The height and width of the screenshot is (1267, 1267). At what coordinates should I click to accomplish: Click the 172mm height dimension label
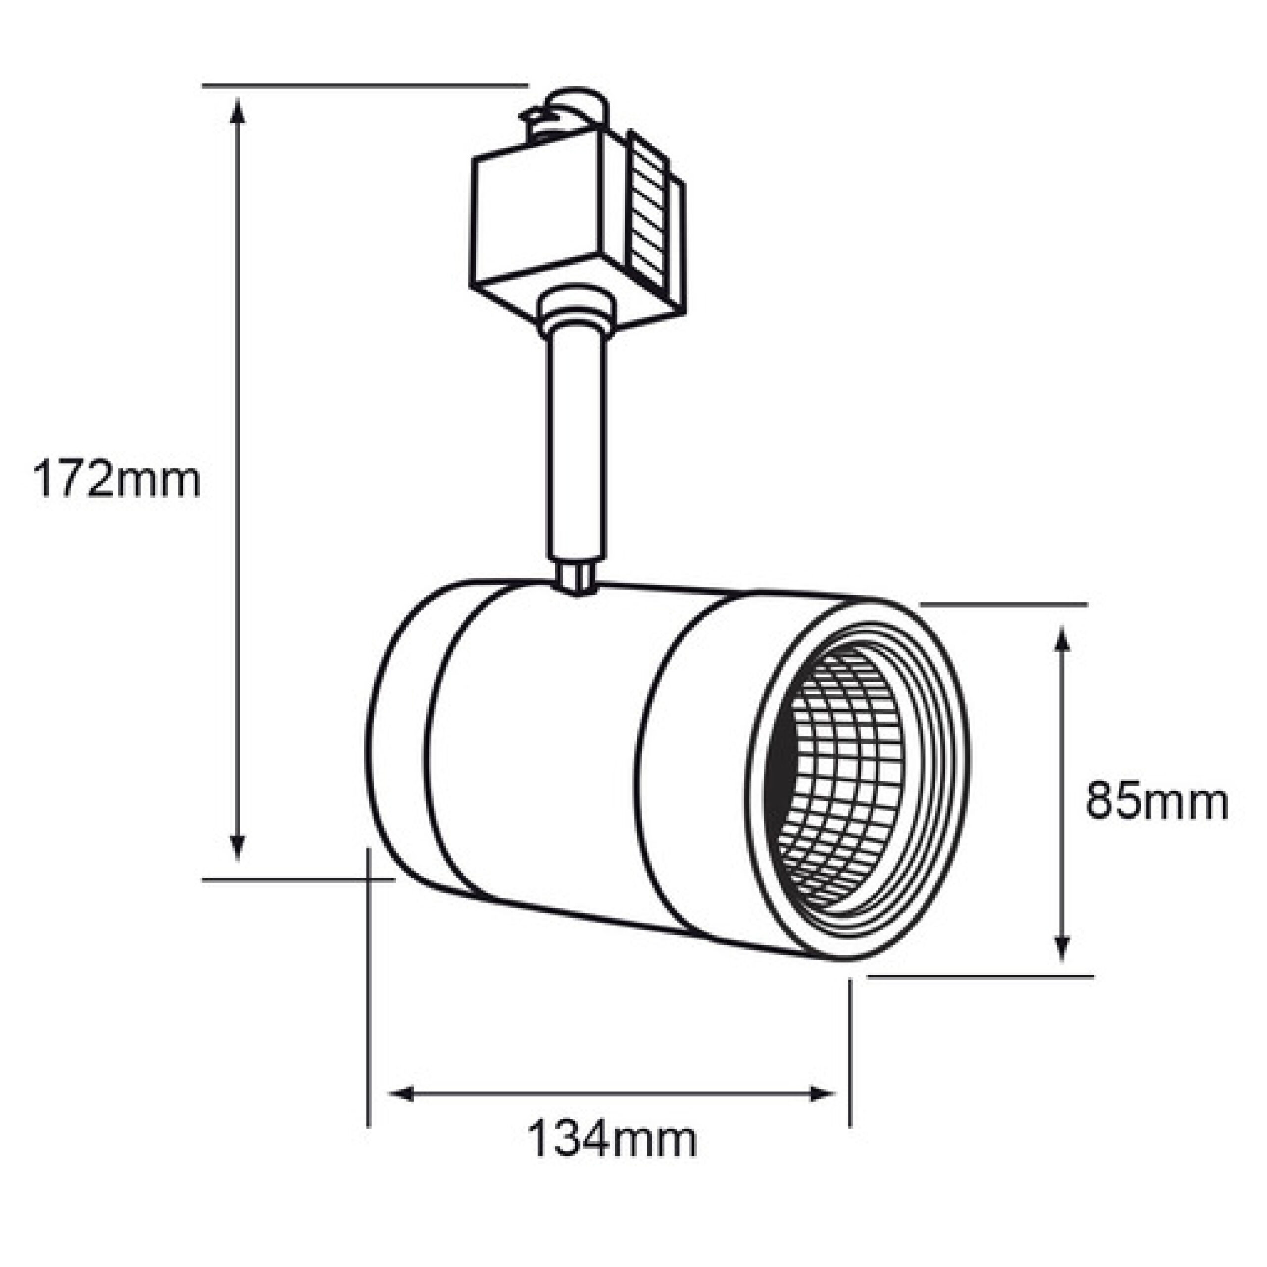point(117,480)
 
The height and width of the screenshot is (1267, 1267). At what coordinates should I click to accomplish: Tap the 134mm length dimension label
point(612,1140)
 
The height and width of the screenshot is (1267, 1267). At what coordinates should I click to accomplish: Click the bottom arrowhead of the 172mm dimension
point(238,845)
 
